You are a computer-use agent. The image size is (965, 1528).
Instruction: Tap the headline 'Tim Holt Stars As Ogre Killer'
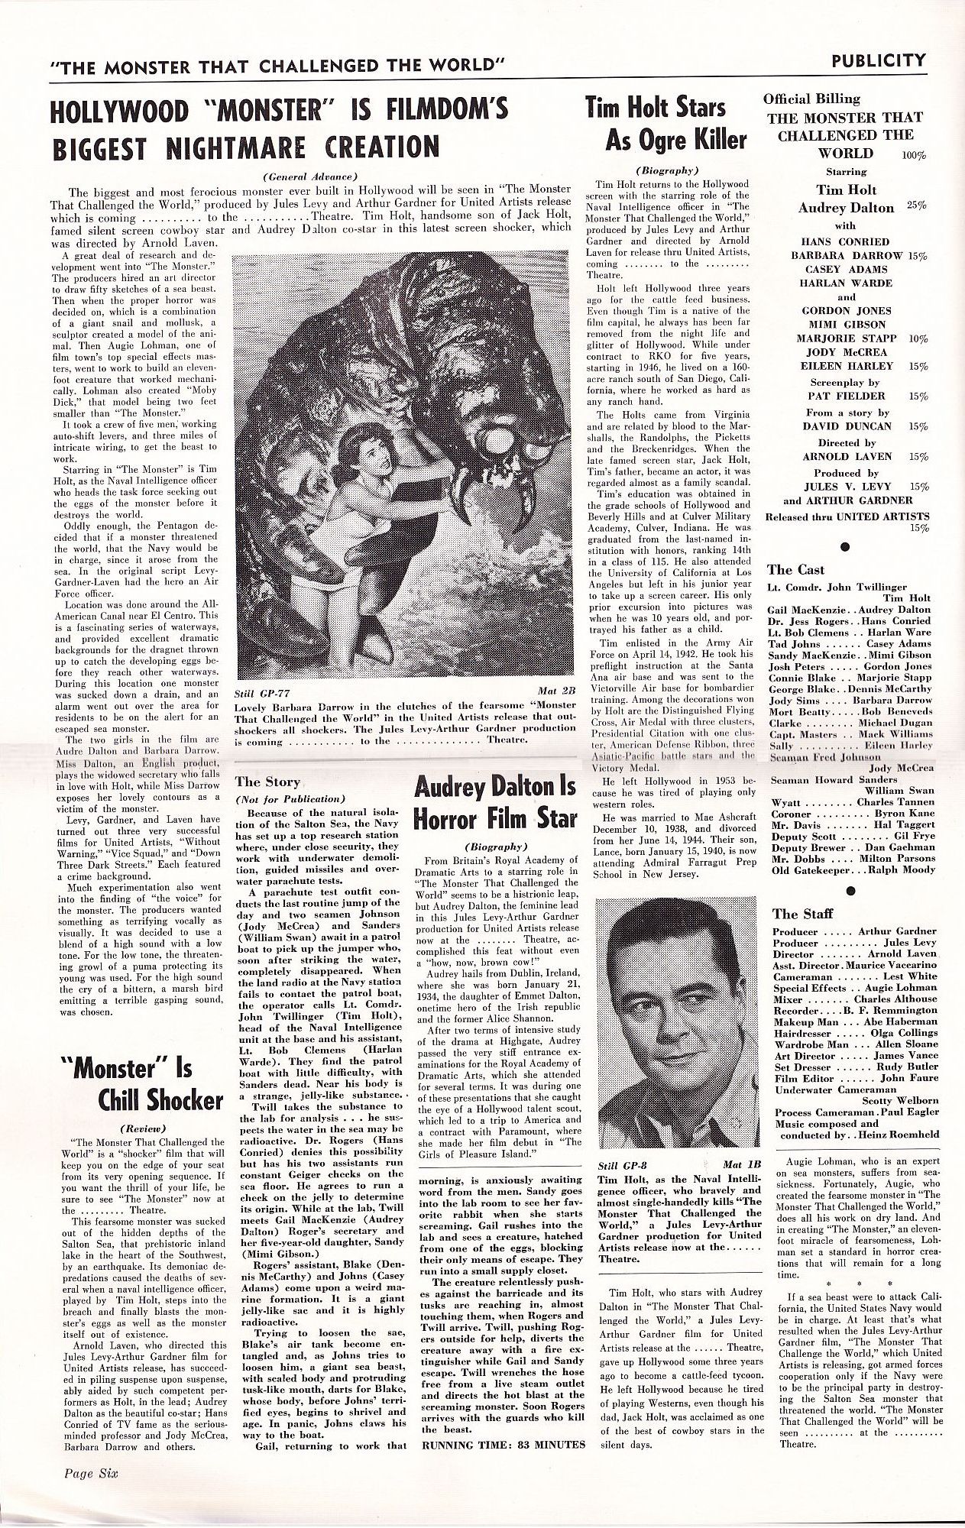point(665,123)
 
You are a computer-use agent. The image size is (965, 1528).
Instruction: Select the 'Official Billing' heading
point(811,99)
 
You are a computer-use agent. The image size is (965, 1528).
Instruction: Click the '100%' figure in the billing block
point(913,155)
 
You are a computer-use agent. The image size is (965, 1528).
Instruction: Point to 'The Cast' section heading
point(796,569)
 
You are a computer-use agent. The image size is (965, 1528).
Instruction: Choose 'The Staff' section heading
point(797,914)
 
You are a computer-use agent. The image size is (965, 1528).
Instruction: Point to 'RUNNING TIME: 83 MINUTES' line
point(502,1445)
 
